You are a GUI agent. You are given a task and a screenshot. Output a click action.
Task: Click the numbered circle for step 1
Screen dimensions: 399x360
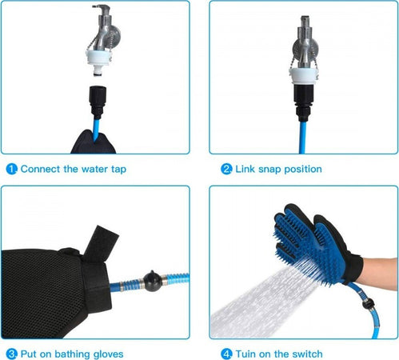tap(11, 169)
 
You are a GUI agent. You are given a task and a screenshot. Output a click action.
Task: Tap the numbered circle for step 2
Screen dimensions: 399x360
tap(226, 169)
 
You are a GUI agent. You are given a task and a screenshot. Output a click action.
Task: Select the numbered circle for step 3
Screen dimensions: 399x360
tap(11, 354)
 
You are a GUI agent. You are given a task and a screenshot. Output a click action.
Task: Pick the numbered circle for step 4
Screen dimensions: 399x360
tap(226, 354)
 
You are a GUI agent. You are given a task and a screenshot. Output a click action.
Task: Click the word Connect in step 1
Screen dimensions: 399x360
tap(40, 169)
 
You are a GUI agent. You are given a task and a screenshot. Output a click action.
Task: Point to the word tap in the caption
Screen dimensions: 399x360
tap(118, 170)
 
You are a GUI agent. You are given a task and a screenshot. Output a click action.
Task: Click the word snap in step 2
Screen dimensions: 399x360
tap(269, 170)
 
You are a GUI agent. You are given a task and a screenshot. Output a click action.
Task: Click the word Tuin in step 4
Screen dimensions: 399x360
tap(245, 354)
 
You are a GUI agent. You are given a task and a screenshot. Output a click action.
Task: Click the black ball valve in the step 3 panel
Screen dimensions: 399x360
tap(153, 281)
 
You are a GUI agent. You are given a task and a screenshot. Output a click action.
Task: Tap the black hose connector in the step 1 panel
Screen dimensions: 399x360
tap(98, 102)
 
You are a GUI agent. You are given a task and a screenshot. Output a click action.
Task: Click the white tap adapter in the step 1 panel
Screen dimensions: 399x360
tap(98, 62)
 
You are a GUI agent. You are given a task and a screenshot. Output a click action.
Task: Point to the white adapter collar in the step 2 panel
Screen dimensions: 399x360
tap(304, 76)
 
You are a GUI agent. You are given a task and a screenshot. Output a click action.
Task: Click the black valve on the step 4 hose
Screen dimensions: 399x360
tap(368, 303)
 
